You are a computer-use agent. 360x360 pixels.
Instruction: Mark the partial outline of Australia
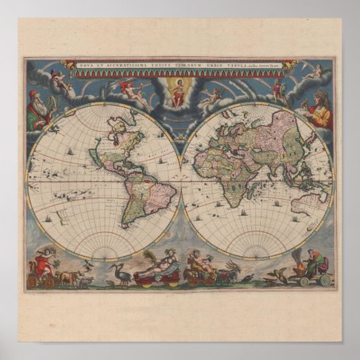[x=313, y=200]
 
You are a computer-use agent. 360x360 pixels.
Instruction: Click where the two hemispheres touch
[x=180, y=179]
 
